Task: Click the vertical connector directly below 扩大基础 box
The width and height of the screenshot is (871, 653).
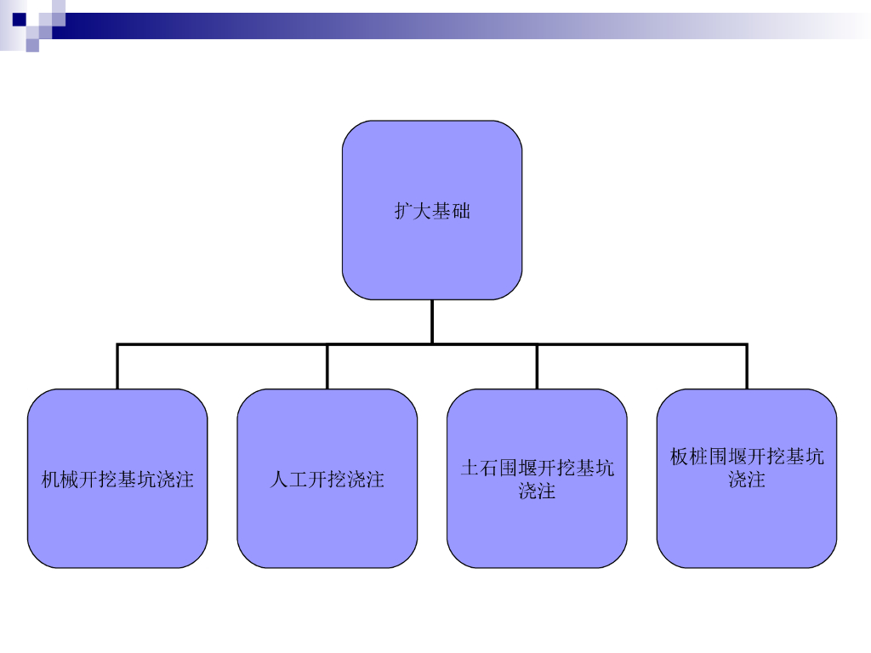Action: pos(432,321)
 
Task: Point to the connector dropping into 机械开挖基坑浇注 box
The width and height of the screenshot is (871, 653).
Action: pos(117,366)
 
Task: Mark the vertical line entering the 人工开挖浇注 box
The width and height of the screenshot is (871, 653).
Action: pos(327,366)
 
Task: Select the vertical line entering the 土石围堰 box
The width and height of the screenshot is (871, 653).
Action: pos(537,366)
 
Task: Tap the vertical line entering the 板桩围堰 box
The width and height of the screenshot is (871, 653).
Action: pos(747,366)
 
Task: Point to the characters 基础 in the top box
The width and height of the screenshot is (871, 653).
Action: pos(451,211)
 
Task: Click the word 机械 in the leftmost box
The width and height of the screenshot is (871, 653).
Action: pos(60,480)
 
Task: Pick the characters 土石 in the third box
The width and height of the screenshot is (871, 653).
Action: pos(480,468)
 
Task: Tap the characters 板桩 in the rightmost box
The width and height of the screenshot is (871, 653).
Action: pos(689,457)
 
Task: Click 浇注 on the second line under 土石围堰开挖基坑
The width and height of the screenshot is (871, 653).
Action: pos(537,491)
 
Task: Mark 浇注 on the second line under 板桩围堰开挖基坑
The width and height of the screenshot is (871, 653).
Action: pos(747,480)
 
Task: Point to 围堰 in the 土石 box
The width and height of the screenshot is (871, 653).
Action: pos(518,468)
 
